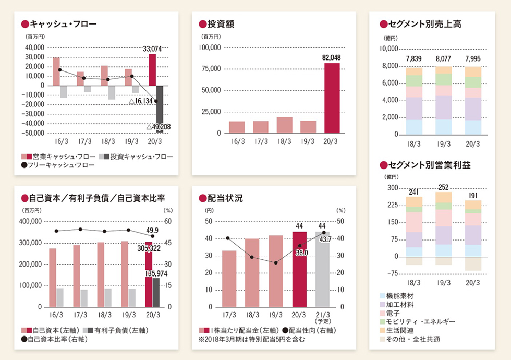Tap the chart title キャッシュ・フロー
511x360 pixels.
pyautogui.click(x=63, y=23)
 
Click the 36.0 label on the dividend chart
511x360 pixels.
pyautogui.click(x=301, y=253)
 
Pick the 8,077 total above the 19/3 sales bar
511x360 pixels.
pyautogui.click(x=443, y=59)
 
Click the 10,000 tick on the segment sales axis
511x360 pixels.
pyautogui.click(x=388, y=49)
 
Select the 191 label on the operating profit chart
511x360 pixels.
pyautogui.click(x=472, y=195)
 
